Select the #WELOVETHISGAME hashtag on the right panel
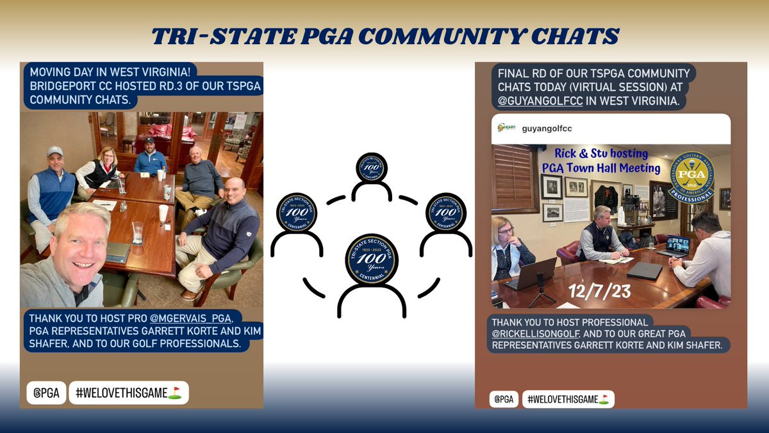pyautogui.click(x=568, y=399)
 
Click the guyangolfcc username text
pyautogui.click(x=547, y=128)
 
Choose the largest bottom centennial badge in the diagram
pyautogui.click(x=372, y=260)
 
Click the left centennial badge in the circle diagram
pyautogui.click(x=296, y=212)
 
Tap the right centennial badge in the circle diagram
pyautogui.click(x=446, y=212)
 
